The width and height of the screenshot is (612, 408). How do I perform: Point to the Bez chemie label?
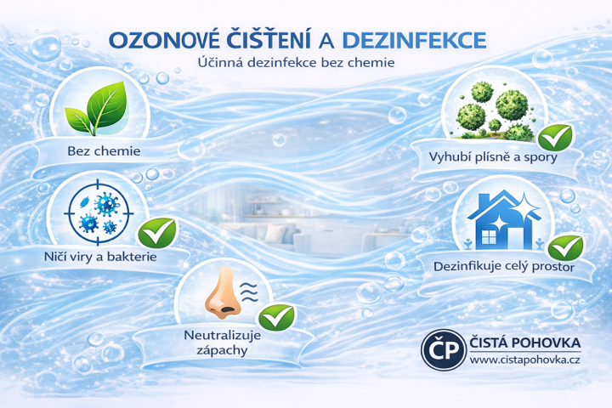pos(103,152)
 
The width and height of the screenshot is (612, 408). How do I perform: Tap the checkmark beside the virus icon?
pos(156,230)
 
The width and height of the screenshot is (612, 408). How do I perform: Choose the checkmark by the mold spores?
pos(557,135)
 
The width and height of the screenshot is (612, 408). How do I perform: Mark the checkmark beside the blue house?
pos(564,247)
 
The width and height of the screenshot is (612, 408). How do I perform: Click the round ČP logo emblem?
pos(442,350)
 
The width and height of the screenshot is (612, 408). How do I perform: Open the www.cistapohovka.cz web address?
pos(524,361)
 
